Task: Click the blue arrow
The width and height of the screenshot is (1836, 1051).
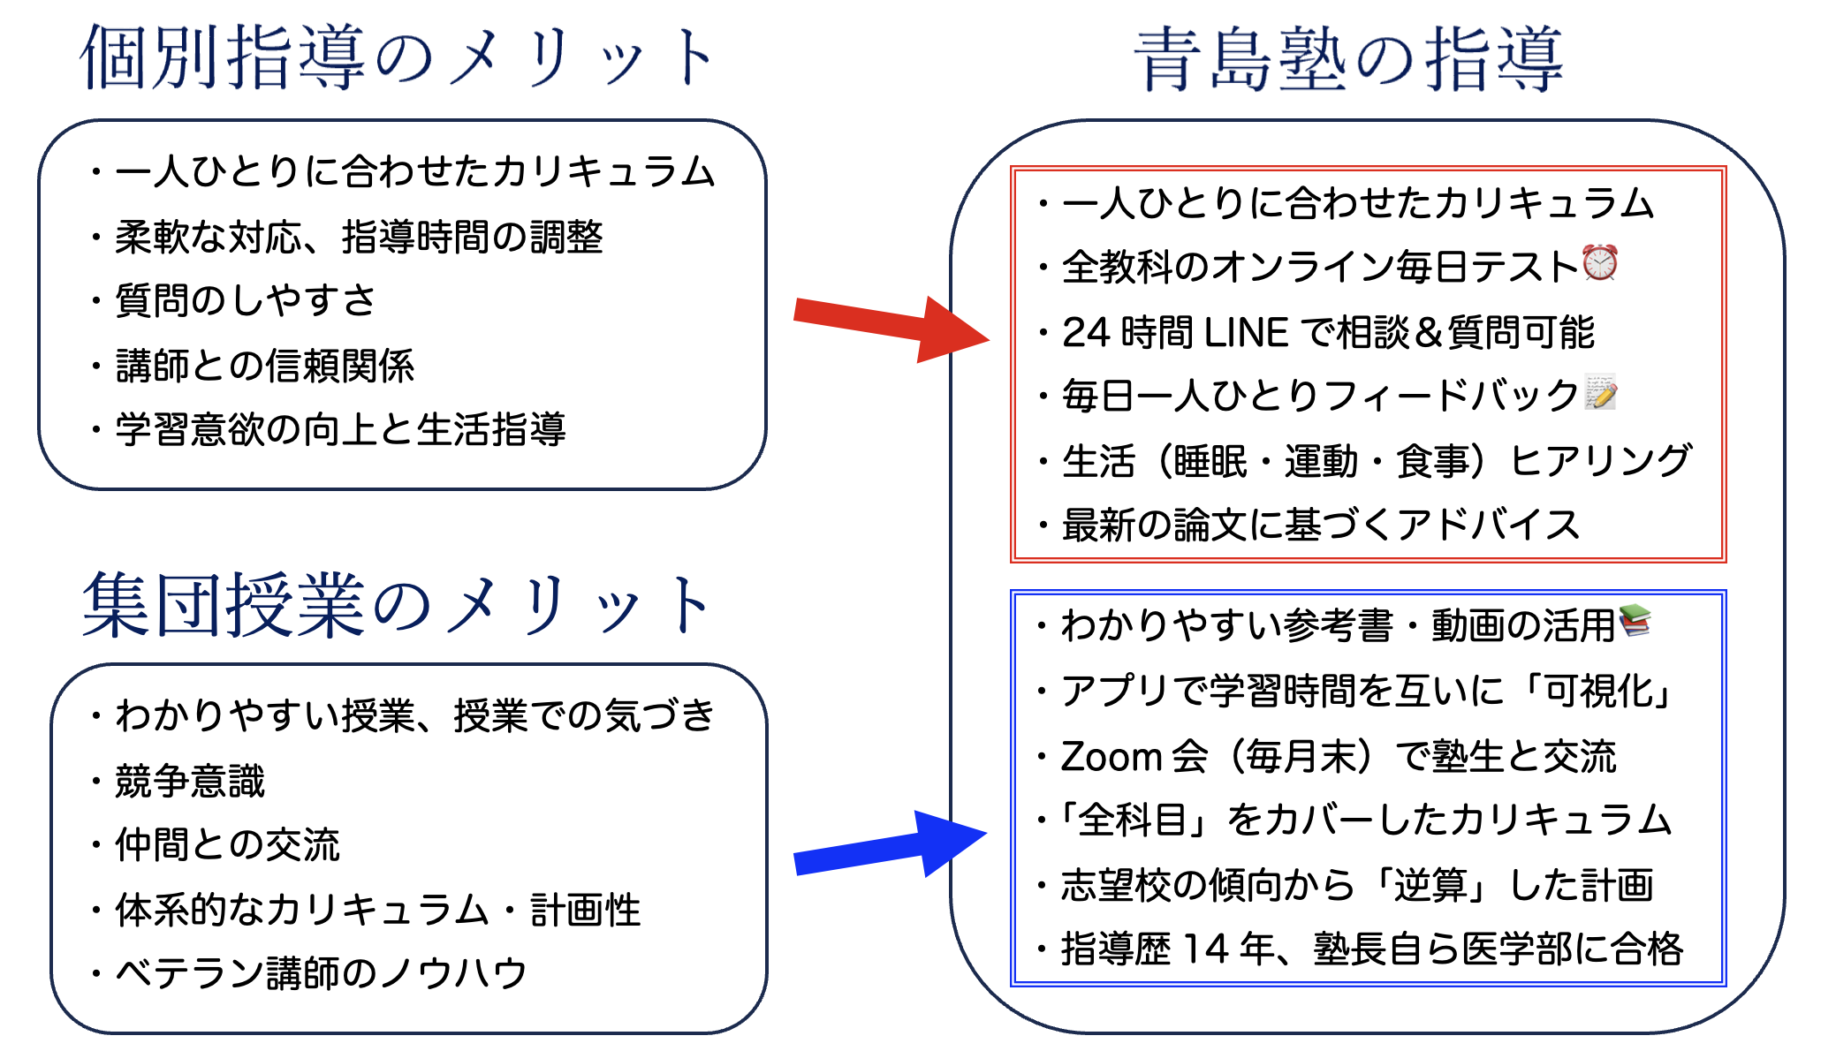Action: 888,847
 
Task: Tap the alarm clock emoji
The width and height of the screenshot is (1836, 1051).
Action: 1599,262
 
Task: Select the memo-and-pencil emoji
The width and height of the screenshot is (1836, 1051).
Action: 1600,392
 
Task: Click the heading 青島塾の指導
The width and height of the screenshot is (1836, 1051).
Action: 1348,60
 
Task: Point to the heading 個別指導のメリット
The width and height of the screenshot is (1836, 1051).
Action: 398,58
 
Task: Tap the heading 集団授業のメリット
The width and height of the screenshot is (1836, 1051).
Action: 398,606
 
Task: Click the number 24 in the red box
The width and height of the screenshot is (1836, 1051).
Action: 1085,333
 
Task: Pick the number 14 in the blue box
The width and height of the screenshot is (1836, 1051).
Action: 1205,949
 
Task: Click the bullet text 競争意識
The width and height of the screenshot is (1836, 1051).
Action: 190,782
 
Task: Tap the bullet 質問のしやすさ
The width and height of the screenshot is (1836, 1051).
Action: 246,301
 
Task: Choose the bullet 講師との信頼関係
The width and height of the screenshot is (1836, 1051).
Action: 265,366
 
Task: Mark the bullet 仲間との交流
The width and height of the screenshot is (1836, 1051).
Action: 227,845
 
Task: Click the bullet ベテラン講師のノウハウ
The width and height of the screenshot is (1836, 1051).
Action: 321,973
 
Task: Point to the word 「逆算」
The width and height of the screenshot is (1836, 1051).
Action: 1431,885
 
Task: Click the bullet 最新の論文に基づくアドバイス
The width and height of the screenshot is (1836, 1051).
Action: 1320,525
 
